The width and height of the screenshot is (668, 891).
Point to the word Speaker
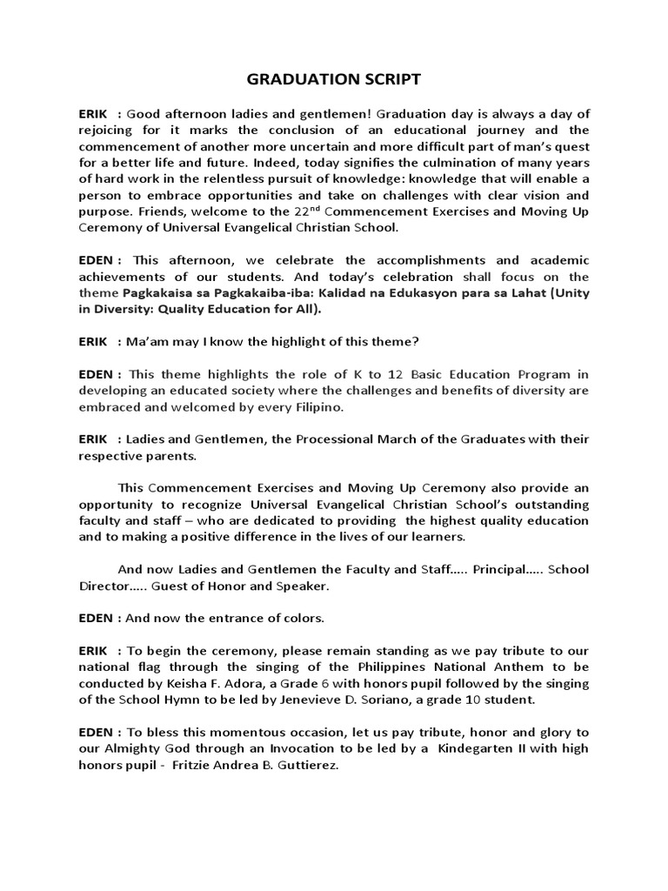tap(301, 586)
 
